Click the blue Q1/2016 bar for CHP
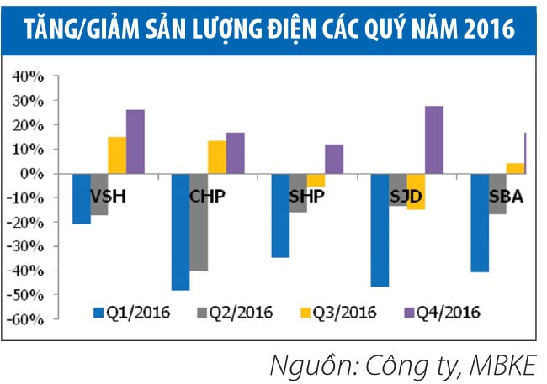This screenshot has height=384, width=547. coord(180,231)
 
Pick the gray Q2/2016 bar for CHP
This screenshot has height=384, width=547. coord(199,222)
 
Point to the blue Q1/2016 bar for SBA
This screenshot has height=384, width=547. coord(480,222)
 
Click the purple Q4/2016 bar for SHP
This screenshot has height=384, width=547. coord(334,159)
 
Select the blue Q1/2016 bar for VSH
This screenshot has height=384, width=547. coord(81,198)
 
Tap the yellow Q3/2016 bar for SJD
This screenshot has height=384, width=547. coord(416,191)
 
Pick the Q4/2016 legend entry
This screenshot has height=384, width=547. coord(442,313)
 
